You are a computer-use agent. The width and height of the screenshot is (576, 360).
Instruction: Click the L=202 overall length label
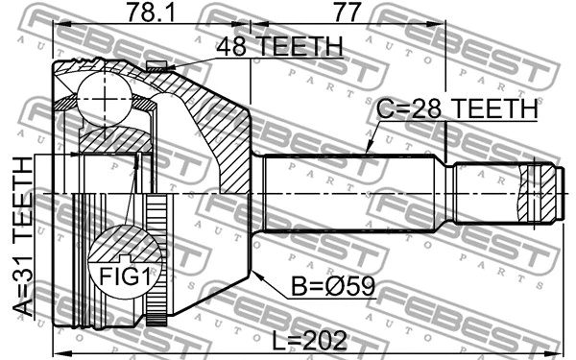308,338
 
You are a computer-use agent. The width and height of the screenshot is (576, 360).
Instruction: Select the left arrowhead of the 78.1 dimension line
56,26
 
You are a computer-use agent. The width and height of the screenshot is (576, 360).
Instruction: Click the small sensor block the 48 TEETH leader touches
157,66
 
